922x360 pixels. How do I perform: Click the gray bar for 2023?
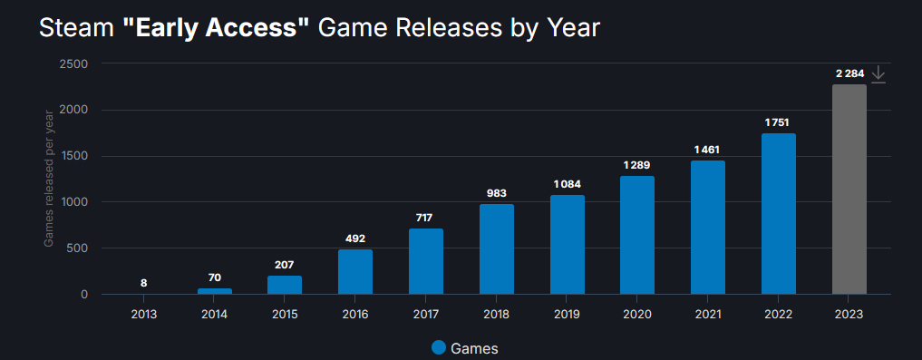pos(849,189)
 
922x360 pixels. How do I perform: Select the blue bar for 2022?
pos(778,213)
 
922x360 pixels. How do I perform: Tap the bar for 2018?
pos(496,248)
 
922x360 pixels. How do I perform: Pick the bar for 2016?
pos(354,271)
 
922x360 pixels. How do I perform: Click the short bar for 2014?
pos(214,291)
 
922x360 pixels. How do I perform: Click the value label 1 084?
pos(567,184)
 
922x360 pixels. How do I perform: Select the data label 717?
pos(425,218)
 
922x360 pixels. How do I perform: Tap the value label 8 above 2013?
pos(143,283)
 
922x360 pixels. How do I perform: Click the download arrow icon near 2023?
pos(878,75)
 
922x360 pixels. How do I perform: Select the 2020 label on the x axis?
pos(637,314)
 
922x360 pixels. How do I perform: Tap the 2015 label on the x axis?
pos(285,314)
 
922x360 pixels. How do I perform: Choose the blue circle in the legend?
pos(439,347)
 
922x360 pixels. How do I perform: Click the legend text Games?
pos(474,348)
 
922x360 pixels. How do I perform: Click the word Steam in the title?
pos(76,28)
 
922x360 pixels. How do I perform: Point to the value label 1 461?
pos(707,149)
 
